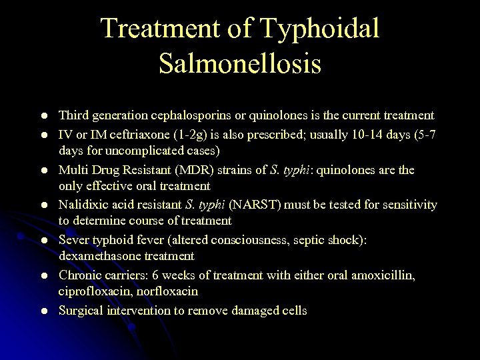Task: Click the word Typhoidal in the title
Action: coord(320,29)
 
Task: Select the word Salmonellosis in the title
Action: coord(240,64)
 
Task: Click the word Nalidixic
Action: coord(82,205)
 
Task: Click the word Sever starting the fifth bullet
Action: coord(74,239)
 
